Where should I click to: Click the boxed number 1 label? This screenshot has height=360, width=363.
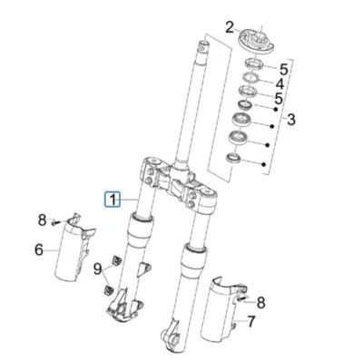point(112,199)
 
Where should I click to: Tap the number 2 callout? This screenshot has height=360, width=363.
point(230,27)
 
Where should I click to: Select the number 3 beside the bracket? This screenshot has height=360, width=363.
point(290,119)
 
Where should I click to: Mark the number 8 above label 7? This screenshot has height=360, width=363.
point(261,302)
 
